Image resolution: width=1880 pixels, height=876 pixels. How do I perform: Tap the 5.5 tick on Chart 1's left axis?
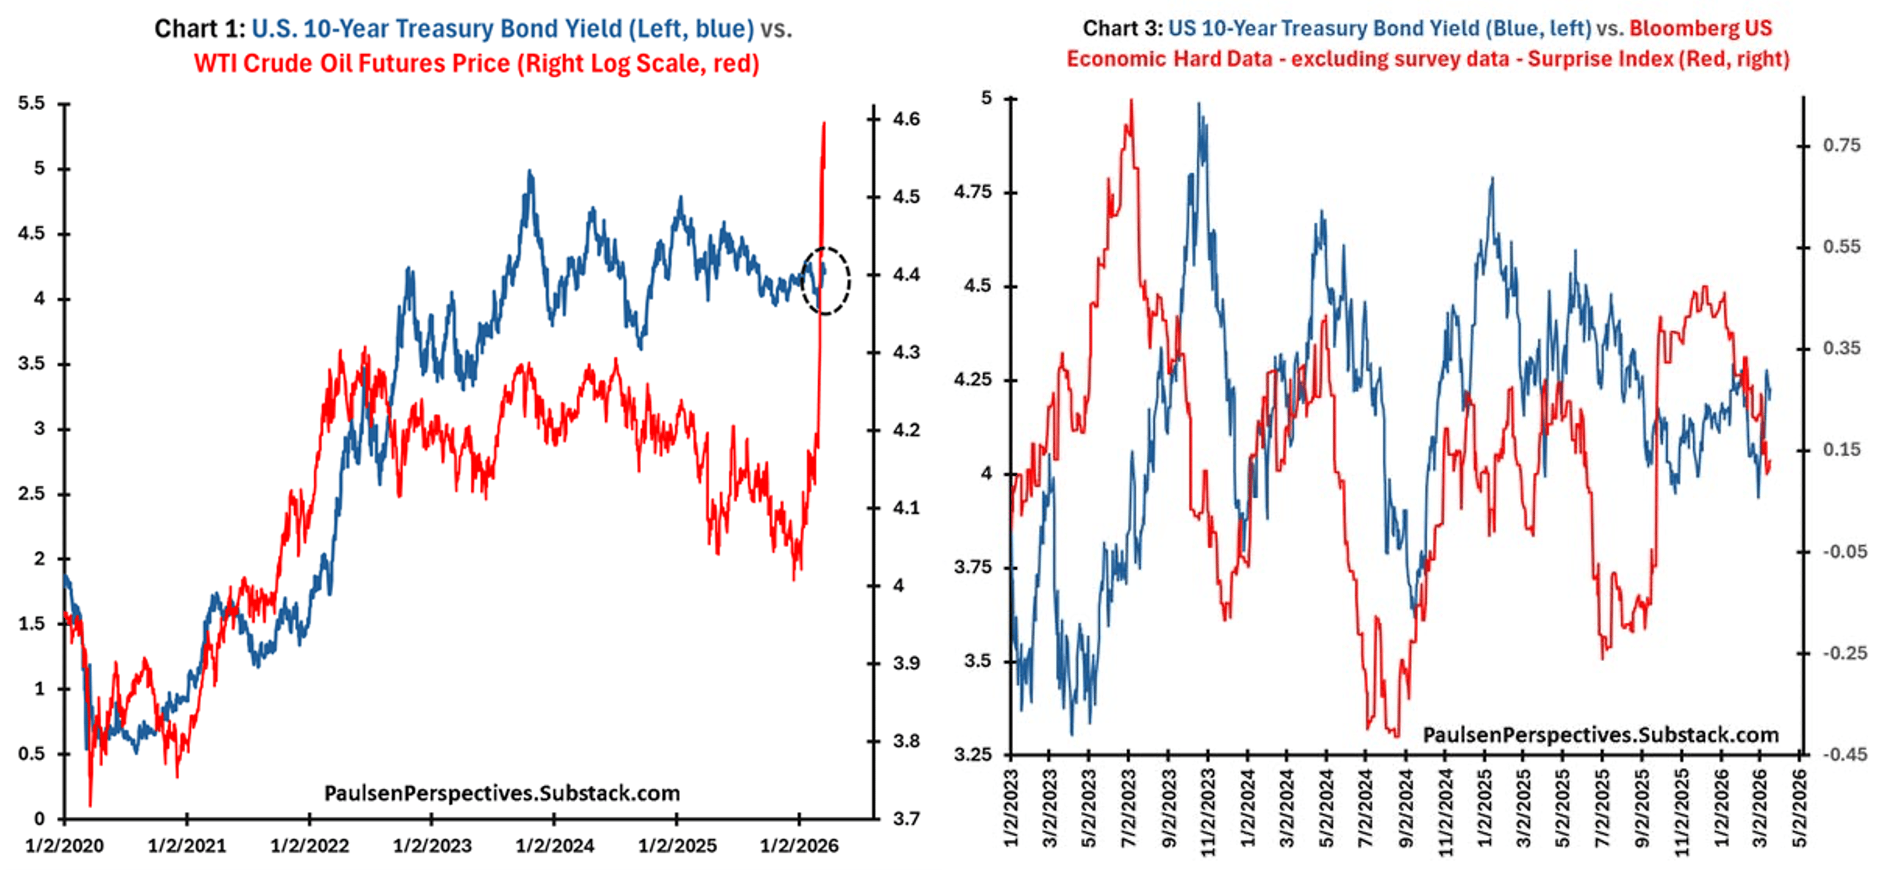32,104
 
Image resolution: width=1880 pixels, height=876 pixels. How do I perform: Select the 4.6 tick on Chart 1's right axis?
906,119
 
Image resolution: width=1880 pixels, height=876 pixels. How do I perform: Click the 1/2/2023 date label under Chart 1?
432,846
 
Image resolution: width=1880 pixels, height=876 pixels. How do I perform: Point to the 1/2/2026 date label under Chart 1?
799,846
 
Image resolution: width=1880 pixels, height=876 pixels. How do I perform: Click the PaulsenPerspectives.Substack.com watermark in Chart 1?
502,793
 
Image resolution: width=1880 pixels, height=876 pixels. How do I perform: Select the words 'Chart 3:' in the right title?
1122,28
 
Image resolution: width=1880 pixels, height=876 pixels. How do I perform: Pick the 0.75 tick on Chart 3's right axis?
1841,145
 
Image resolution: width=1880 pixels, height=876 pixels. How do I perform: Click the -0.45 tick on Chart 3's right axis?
1844,754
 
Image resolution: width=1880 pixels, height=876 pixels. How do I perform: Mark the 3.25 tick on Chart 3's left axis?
973,754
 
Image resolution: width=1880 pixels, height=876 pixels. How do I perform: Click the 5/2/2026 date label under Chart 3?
1800,810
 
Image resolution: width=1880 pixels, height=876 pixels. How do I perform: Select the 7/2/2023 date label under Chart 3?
1128,810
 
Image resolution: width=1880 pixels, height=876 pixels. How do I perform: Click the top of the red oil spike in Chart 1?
824,124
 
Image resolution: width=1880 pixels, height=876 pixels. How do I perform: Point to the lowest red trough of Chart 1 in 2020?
90,805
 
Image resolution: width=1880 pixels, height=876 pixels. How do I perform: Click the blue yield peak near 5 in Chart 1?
530,172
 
